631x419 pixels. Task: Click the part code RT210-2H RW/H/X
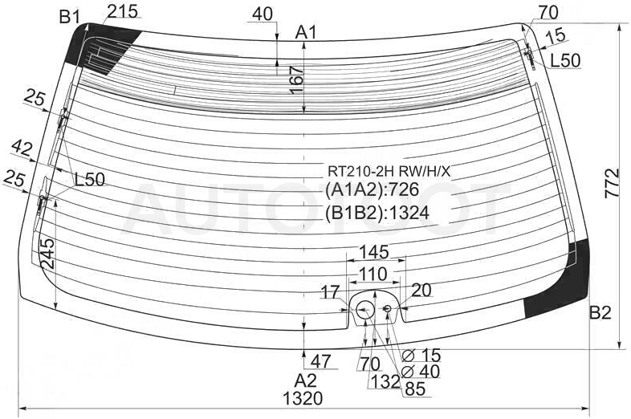tap(389, 172)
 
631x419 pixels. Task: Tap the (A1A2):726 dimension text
tap(372, 189)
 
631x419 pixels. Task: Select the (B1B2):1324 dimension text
tap(377, 213)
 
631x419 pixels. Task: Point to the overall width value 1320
tap(303, 398)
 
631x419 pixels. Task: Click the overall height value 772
tap(612, 183)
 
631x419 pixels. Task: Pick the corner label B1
tap(70, 18)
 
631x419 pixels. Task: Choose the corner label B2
tap(600, 312)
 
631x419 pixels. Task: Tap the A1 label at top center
tap(306, 32)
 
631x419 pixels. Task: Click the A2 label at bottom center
tap(305, 380)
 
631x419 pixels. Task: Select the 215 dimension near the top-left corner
tap(122, 11)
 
